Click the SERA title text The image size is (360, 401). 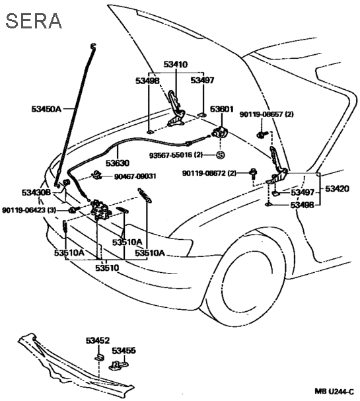[34, 21]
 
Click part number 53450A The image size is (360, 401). [46, 109]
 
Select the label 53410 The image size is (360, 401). [176, 64]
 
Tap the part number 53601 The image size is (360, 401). [222, 109]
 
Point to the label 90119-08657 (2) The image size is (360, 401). [266, 114]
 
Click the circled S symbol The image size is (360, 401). [221, 155]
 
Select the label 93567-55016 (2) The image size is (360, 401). [176, 155]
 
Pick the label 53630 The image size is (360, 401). [118, 163]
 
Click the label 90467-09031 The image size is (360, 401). [135, 176]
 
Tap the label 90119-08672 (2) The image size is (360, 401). [209, 173]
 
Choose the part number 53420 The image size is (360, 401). [337, 189]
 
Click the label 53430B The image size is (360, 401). [36, 192]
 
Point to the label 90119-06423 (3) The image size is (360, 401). [29, 210]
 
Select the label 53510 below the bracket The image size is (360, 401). [107, 268]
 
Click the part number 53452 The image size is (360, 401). [98, 341]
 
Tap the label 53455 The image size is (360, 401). [124, 350]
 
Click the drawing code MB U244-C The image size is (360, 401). [334, 391]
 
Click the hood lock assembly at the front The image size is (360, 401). [100, 209]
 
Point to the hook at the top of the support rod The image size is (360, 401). [93, 46]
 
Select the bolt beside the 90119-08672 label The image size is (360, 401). [254, 173]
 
